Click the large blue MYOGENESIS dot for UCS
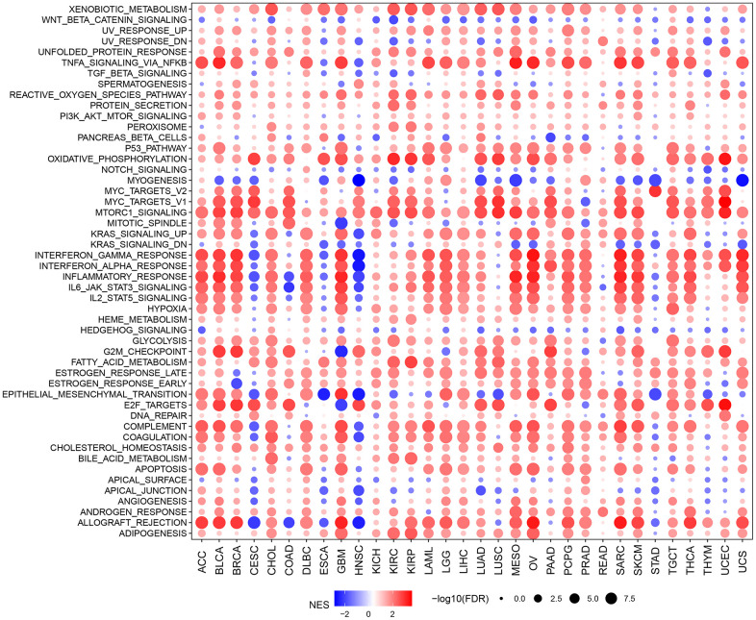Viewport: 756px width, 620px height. coord(743,180)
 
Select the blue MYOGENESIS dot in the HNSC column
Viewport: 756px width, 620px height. coord(358,180)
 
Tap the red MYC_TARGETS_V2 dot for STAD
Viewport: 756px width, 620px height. coord(655,191)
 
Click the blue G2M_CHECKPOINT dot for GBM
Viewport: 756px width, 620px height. coord(340,352)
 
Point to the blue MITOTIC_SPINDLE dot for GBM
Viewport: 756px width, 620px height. coord(340,223)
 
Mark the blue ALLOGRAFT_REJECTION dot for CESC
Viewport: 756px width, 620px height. coord(254,522)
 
